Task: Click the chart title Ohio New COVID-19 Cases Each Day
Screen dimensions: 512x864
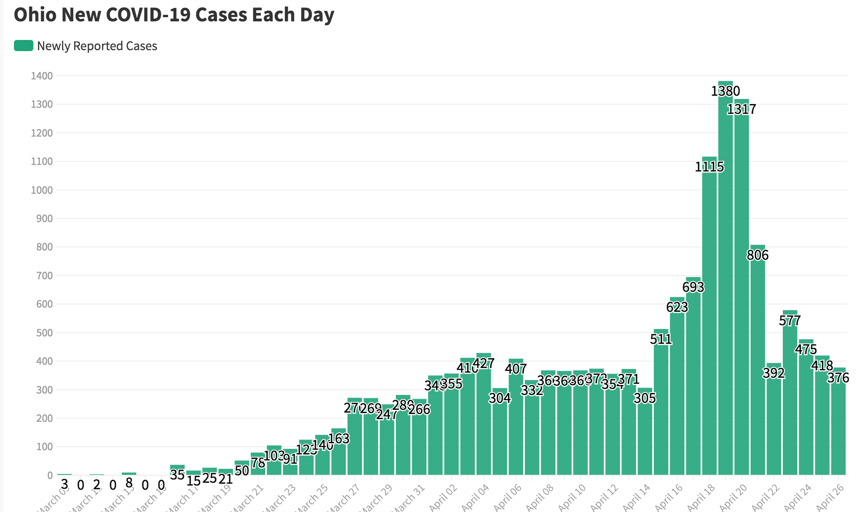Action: point(174,15)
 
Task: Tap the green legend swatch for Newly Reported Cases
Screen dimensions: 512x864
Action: point(23,46)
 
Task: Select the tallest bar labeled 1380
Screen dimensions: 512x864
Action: point(725,279)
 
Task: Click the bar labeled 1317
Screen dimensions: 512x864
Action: point(741,288)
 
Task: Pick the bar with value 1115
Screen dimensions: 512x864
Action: point(709,316)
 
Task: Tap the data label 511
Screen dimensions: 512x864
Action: point(661,339)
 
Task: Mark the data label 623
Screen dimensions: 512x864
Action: point(677,307)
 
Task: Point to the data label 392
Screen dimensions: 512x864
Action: point(774,373)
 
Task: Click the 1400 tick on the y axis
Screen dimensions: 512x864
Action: point(42,76)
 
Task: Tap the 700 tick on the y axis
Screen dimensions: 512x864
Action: point(44,276)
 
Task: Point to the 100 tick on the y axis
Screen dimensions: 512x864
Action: point(44,447)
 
